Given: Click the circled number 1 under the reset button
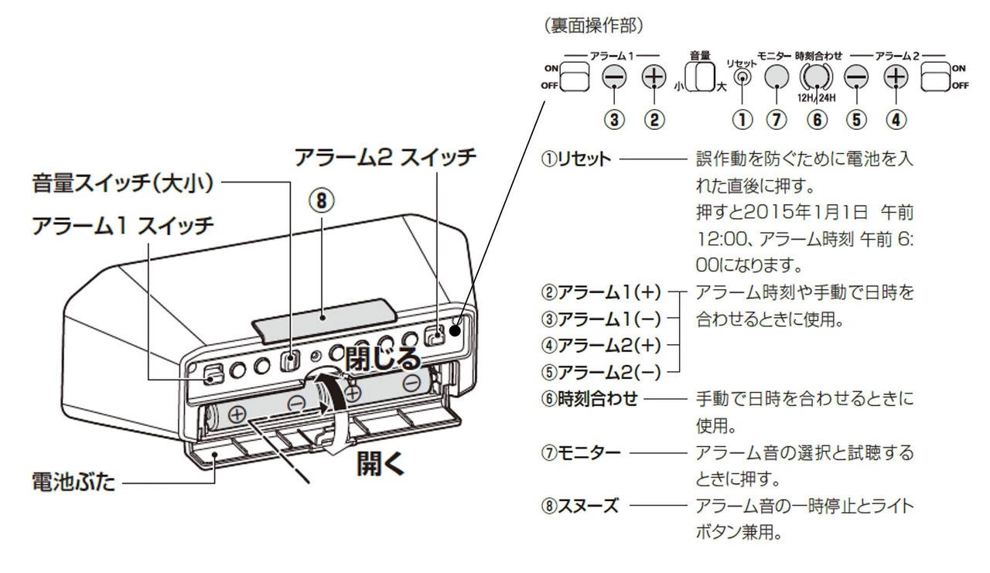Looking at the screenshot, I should tap(743, 121).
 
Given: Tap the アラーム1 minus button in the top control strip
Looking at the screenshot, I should tap(615, 77).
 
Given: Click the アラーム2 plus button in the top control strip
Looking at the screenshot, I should tap(896, 77).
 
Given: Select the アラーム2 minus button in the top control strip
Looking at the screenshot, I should tap(857, 77).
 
